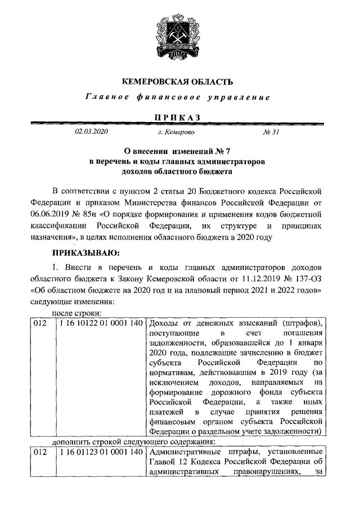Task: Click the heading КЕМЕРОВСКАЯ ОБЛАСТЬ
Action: (x=178, y=82)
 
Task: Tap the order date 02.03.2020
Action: (x=91, y=132)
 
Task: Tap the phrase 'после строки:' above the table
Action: (x=76, y=313)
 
